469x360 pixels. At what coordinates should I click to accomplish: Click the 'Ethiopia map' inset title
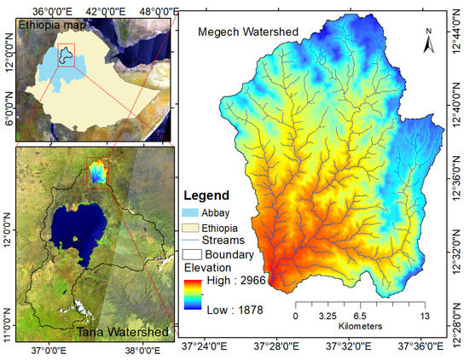pyautogui.click(x=52, y=25)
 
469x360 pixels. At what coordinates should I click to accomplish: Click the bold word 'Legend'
pyautogui.click(x=208, y=195)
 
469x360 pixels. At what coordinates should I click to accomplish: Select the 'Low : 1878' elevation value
pyautogui.click(x=234, y=312)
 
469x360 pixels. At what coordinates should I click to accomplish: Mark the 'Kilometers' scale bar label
pyautogui.click(x=353, y=326)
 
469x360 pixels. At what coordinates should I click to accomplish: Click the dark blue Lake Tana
pyautogui.click(x=69, y=225)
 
